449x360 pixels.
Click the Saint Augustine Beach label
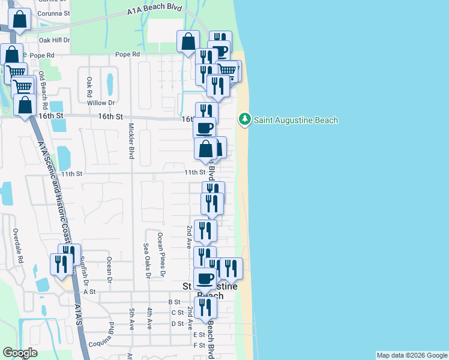(x=296, y=120)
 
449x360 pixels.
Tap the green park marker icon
(x=244, y=120)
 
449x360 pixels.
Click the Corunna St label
(x=54, y=12)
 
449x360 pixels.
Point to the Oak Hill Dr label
(x=55, y=40)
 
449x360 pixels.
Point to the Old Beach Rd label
(x=42, y=87)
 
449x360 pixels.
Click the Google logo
(x=20, y=353)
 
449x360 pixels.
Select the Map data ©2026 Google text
(x=412, y=355)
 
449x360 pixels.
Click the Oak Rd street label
(x=89, y=87)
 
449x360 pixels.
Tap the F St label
(x=199, y=346)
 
